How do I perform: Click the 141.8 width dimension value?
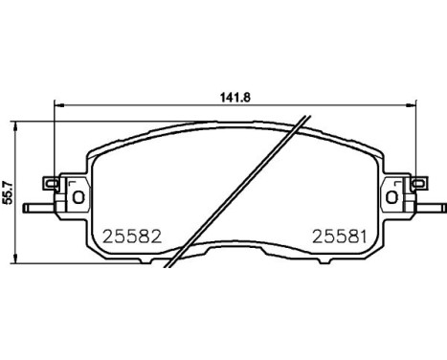229,96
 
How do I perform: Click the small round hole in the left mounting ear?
78,197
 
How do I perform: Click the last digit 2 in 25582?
149,235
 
